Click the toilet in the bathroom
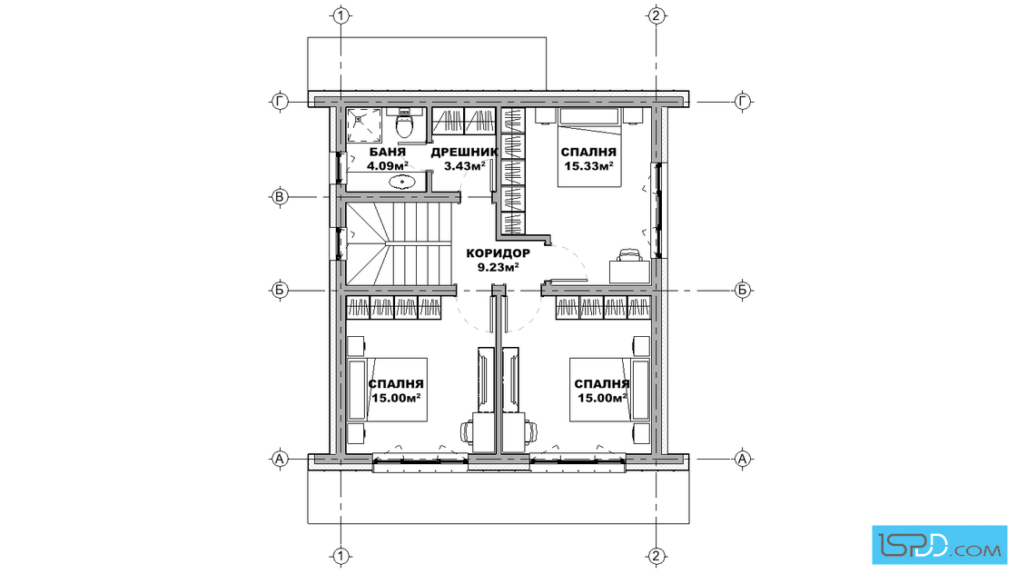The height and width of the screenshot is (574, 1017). point(404,125)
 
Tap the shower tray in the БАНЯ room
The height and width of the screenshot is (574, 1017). point(365,125)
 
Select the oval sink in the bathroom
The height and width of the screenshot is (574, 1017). point(403,182)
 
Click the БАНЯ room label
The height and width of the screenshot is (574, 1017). point(387,152)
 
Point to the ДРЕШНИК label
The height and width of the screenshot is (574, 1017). point(464,152)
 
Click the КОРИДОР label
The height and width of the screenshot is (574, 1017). point(499,253)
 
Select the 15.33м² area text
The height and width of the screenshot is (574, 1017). point(588,166)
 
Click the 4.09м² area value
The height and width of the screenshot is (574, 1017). point(387,166)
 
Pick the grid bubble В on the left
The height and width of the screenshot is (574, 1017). point(280,196)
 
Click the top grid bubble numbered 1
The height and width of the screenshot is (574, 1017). point(341,15)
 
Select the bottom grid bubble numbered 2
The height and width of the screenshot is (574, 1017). point(657,556)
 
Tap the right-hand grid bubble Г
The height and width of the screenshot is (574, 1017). point(743,101)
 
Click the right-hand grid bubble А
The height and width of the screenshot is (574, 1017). point(743,460)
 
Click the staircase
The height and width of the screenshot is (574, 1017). point(399,244)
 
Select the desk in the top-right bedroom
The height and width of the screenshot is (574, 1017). point(629,272)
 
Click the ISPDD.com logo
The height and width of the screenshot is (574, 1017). point(939,545)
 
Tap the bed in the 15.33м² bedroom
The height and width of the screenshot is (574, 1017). point(589,148)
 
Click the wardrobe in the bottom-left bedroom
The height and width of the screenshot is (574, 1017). point(394,307)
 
